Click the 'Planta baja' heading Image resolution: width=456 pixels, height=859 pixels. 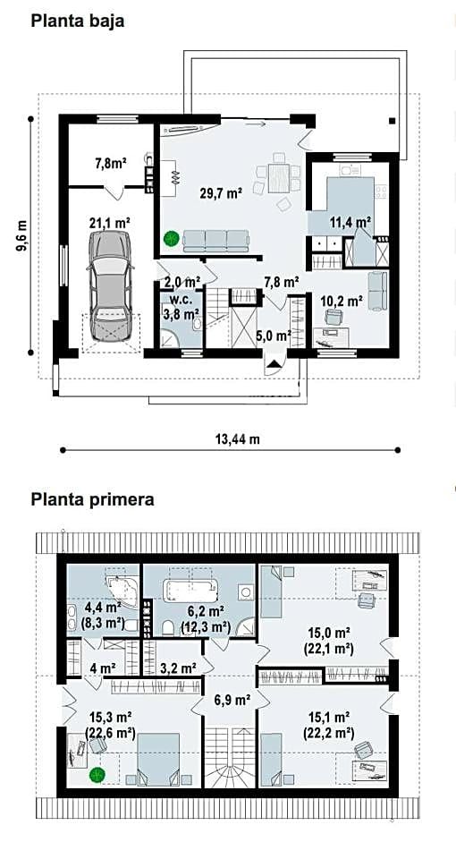pos(78,21)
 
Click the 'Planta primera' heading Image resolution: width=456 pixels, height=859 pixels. pos(92,500)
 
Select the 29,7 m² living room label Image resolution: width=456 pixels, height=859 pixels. pos(220,192)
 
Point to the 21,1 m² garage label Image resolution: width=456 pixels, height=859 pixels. pos(109,223)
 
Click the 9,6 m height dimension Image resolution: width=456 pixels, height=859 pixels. pos(21,235)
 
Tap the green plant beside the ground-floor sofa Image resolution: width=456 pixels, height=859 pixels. pos(172,238)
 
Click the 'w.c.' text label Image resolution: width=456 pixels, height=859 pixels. pos(180,300)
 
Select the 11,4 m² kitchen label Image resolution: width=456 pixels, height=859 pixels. pos(350,222)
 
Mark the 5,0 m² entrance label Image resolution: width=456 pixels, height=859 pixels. pos(274,336)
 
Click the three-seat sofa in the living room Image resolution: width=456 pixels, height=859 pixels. pos(215,241)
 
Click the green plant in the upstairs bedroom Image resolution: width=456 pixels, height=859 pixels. pos(97,775)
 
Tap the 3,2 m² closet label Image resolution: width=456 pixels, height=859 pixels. pos(179,668)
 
